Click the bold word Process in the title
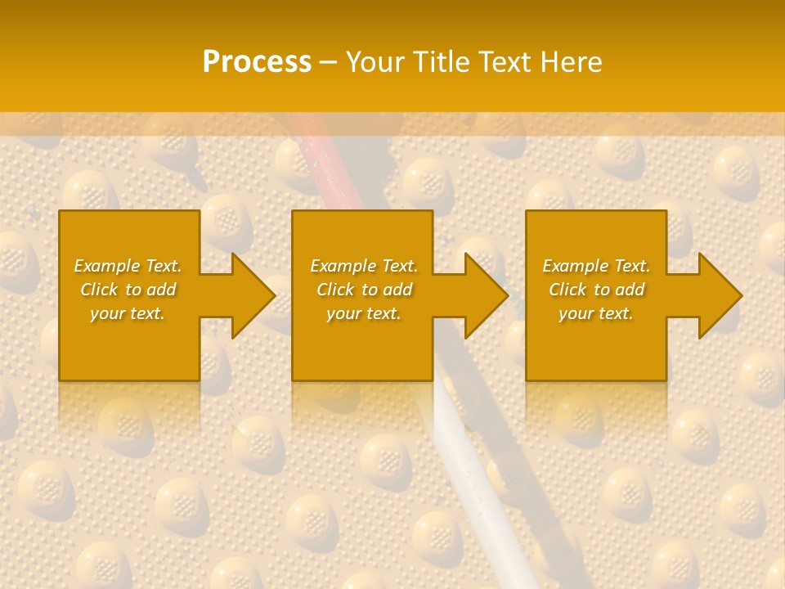(x=257, y=62)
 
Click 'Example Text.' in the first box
(x=128, y=266)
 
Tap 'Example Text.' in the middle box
(x=364, y=266)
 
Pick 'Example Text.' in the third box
(x=596, y=266)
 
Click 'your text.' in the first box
(x=128, y=313)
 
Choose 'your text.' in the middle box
(x=364, y=313)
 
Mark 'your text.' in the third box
(x=596, y=313)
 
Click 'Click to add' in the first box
(x=128, y=290)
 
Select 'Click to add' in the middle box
(x=364, y=290)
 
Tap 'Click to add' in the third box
(x=596, y=290)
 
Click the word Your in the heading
(x=374, y=62)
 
